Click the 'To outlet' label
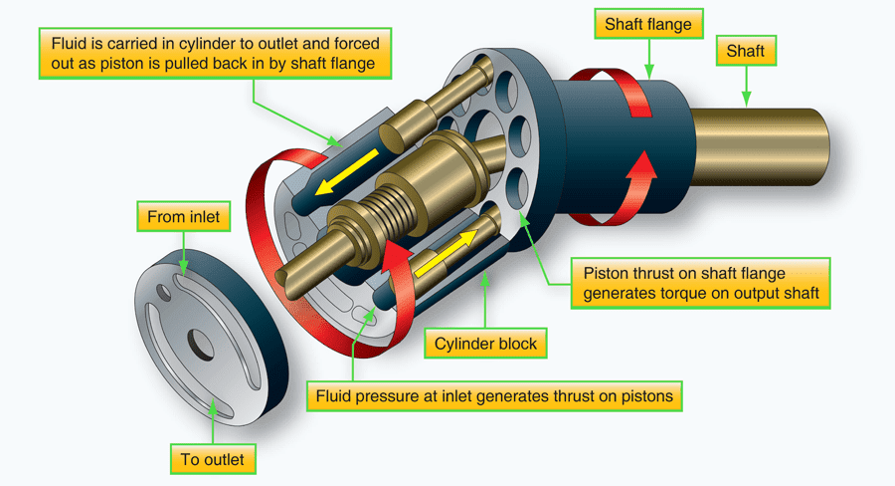(x=213, y=460)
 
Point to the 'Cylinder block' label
(x=485, y=345)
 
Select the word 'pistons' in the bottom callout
(x=644, y=396)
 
